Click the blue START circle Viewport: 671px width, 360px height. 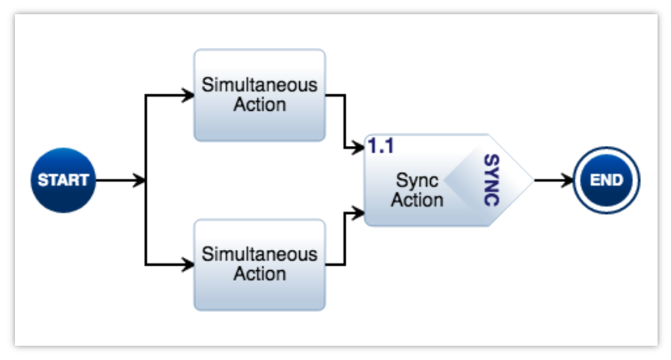(64, 180)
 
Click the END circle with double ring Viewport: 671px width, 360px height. (607, 180)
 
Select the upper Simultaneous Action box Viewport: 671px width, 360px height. (260, 95)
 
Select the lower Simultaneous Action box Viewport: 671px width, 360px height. (260, 264)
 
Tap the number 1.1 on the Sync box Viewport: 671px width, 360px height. (381, 147)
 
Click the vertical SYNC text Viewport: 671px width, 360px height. (490, 180)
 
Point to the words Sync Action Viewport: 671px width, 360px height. (417, 190)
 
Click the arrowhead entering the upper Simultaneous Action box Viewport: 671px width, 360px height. (188, 95)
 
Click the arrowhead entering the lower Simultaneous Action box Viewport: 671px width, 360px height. (188, 264)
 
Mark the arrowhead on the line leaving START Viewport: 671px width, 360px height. (139, 180)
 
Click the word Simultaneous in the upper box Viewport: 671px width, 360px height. (260, 85)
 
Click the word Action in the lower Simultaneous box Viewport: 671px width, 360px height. (260, 274)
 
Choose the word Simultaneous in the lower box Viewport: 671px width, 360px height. (260, 254)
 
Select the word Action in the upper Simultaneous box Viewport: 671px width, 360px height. (260, 105)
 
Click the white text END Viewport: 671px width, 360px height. (607, 180)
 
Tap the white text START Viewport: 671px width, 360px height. (64, 180)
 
